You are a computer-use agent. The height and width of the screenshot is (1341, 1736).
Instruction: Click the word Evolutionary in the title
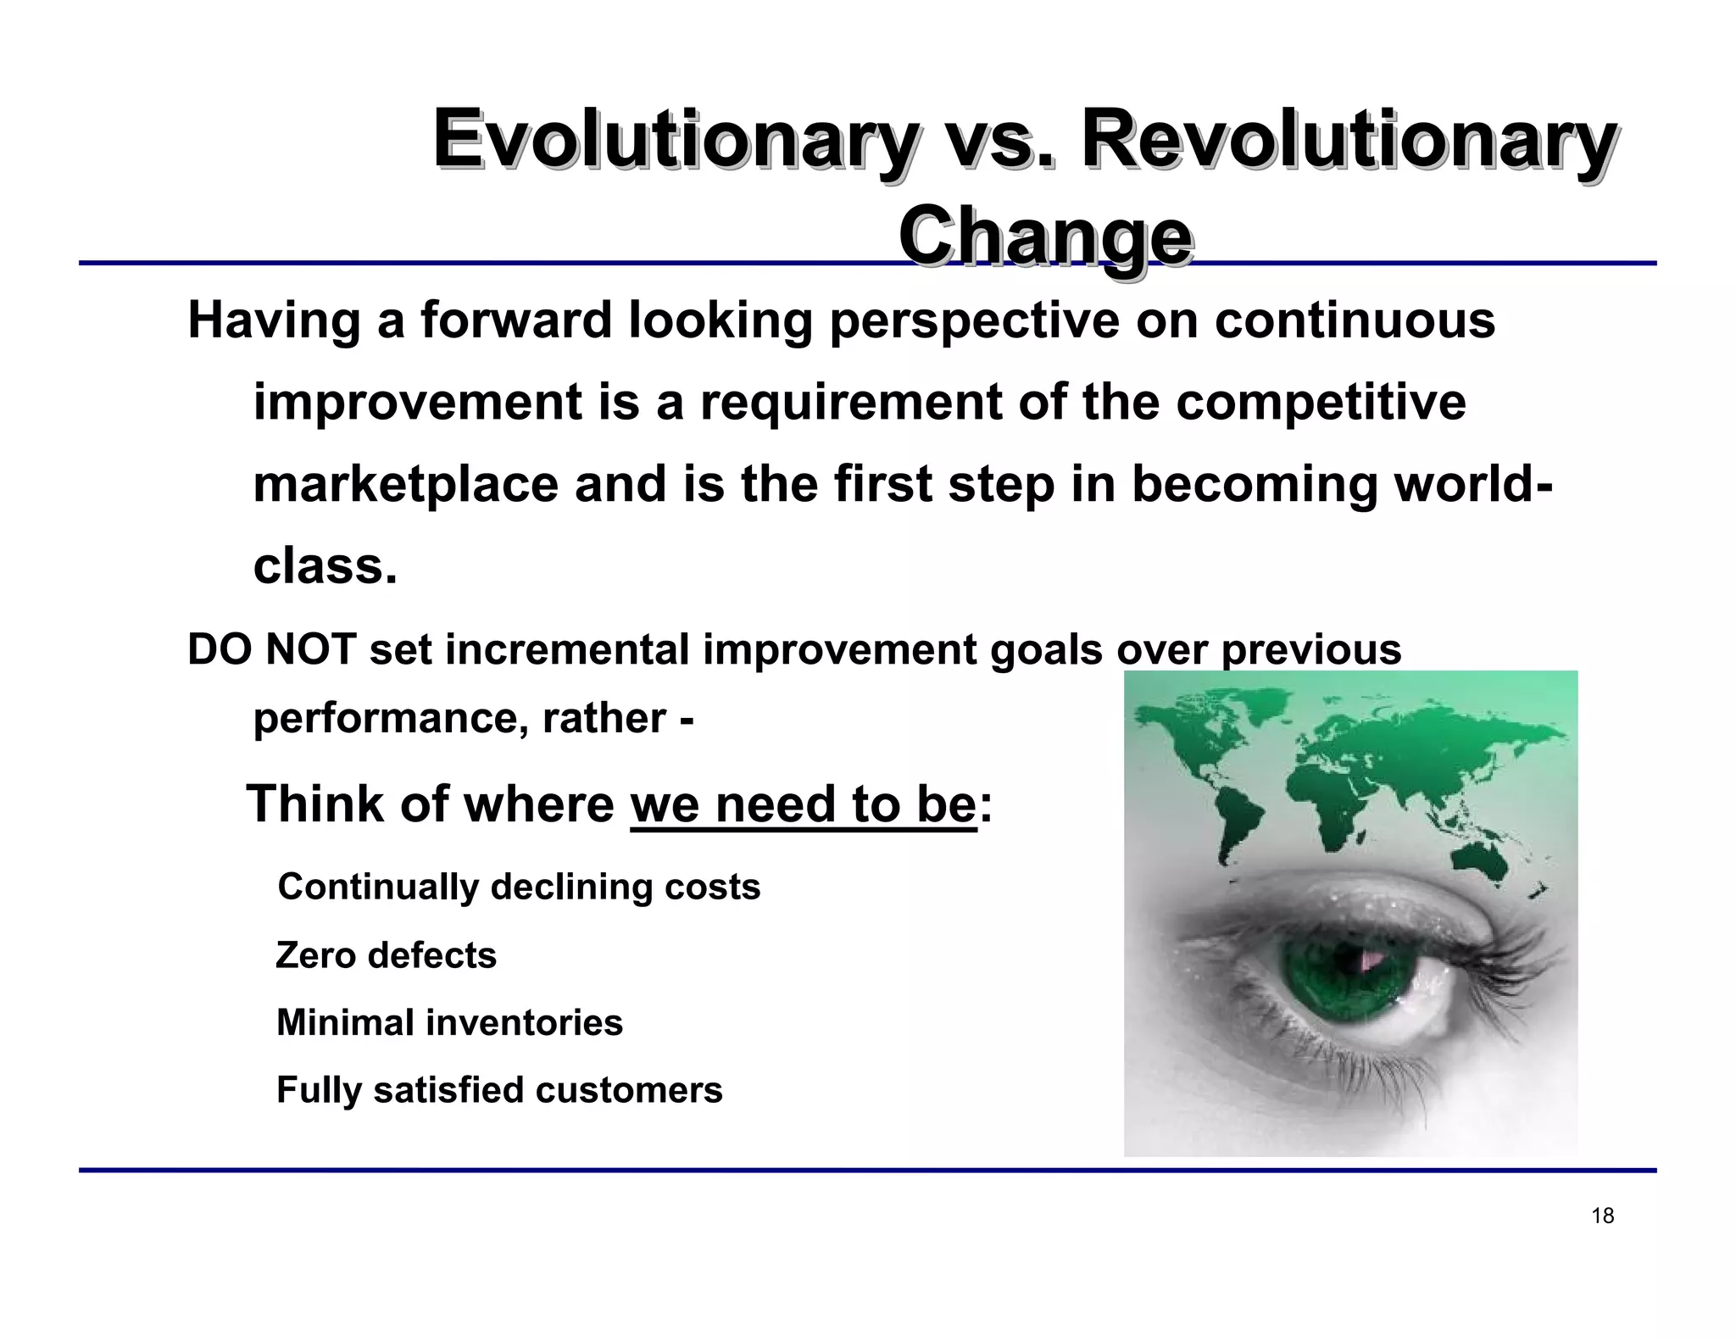click(674, 140)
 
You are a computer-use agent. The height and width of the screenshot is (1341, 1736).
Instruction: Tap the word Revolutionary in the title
click(1348, 140)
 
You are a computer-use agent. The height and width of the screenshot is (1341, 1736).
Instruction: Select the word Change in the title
click(1045, 236)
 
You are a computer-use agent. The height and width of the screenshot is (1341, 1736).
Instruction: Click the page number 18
click(1602, 1216)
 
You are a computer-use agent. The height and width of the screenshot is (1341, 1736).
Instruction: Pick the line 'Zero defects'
click(386, 955)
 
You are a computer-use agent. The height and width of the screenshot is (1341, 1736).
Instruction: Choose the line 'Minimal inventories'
click(449, 1022)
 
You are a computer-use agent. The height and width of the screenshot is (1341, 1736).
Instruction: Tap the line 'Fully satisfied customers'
click(499, 1090)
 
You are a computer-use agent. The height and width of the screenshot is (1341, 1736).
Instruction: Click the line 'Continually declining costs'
click(519, 888)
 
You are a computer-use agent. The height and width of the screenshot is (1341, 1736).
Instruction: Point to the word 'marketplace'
click(406, 485)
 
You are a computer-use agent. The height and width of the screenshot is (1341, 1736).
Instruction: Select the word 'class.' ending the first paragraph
click(325, 566)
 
